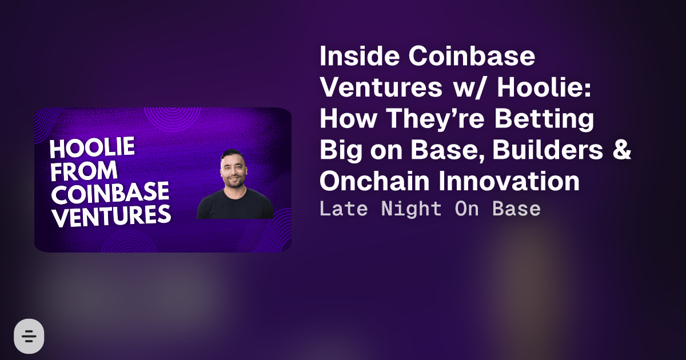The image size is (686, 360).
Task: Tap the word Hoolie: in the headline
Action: click(x=544, y=87)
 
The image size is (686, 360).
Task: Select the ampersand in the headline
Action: click(x=622, y=149)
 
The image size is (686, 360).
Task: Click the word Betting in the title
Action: click(x=544, y=119)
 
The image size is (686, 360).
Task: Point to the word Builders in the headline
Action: click(x=548, y=149)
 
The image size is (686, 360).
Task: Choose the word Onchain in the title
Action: click(x=374, y=181)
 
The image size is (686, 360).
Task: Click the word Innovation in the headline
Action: click(x=509, y=181)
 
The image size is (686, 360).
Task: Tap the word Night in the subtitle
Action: click(x=411, y=209)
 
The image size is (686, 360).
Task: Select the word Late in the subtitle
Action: click(x=344, y=209)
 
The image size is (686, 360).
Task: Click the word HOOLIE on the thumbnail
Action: click(x=92, y=147)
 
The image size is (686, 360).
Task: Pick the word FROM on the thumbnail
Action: click(x=84, y=170)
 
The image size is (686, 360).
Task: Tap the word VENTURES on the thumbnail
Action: click(x=112, y=215)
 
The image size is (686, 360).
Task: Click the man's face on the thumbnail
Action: click(x=233, y=170)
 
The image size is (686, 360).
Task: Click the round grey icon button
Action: click(x=29, y=336)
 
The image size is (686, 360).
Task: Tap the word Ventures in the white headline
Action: click(x=381, y=87)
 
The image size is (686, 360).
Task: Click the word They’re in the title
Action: click(x=435, y=119)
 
